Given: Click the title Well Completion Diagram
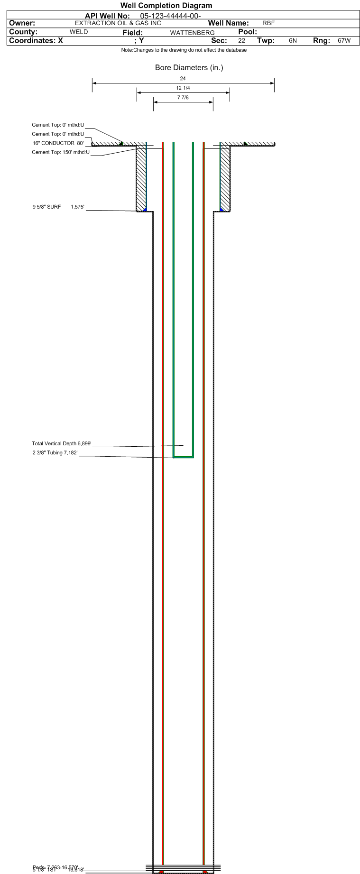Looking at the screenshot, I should [166, 6].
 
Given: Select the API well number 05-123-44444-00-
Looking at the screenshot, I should [170, 16].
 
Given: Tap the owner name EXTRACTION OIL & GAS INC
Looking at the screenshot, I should [118, 23].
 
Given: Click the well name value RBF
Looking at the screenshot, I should [268, 23].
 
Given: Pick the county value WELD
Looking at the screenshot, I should [79, 32].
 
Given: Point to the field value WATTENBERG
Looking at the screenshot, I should [192, 33].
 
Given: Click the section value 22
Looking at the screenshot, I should [241, 41].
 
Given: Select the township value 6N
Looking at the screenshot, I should [293, 41].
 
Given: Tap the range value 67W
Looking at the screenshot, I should [344, 41].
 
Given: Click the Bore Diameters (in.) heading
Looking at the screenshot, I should [189, 68].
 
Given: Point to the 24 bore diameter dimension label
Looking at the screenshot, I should [183, 79].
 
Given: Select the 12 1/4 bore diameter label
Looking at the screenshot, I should [183, 88].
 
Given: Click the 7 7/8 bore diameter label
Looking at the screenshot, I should [183, 98].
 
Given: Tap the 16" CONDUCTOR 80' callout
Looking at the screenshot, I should [58, 143].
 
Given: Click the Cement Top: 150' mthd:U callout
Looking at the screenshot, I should [60, 152].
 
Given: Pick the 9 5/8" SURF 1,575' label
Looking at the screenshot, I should [58, 207].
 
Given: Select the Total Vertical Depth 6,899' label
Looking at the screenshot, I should [61, 444].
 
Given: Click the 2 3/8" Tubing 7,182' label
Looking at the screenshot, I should [55, 453].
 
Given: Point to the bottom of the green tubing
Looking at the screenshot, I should [183, 457].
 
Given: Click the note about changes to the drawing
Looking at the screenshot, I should [184, 50].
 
